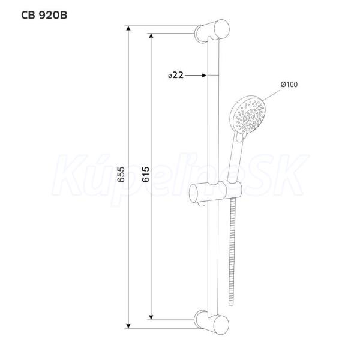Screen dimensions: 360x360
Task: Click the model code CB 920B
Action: point(44,15)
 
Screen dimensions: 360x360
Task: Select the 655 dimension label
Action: point(121,175)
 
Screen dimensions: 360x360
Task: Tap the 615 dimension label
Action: point(145,175)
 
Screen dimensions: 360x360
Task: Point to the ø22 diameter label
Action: point(176,75)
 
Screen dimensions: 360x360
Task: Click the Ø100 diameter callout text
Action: point(289,84)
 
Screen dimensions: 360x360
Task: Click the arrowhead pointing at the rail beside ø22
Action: point(204,75)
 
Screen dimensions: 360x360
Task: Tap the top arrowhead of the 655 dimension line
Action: point(128,28)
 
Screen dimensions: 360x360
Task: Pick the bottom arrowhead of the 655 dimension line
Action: point(128,326)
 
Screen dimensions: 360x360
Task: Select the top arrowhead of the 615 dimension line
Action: point(151,36)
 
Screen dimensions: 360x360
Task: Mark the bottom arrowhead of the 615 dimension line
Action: point(151,317)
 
